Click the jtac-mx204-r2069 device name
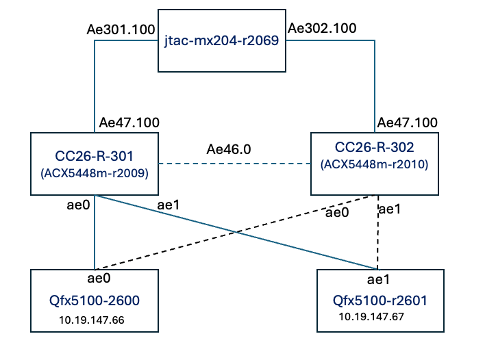221,41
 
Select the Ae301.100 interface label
121,29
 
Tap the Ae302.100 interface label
322,29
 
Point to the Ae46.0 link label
229,149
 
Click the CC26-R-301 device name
94,156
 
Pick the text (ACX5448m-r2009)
95,173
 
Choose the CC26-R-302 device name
374,147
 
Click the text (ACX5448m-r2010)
374,164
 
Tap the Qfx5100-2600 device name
95,300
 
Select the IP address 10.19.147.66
92,320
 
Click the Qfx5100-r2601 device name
380,300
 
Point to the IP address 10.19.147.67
371,317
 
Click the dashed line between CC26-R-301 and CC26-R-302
234,164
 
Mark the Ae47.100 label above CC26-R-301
129,123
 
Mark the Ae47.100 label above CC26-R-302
407,123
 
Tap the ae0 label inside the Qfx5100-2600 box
99,279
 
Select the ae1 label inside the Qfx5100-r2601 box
378,280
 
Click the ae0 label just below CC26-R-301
78,205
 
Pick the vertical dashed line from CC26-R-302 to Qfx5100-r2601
378,233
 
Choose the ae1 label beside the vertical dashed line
390,209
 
